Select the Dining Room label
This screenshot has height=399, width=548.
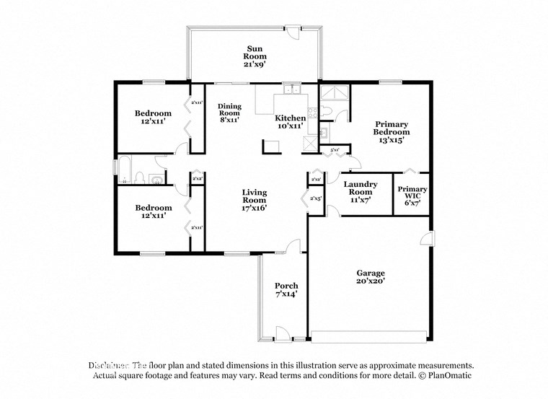pyautogui.click(x=229, y=110)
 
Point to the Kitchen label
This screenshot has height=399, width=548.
pyautogui.click(x=291, y=118)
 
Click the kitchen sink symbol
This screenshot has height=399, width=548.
pyautogui.click(x=291, y=90)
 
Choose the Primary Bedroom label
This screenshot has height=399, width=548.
pyautogui.click(x=392, y=128)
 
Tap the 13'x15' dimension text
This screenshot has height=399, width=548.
pyautogui.click(x=392, y=141)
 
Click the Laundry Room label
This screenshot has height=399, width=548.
pyautogui.click(x=361, y=188)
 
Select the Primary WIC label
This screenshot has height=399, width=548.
pyautogui.click(x=412, y=193)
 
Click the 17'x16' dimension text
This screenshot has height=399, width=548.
pyautogui.click(x=255, y=208)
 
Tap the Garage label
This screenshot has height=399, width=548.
pyautogui.click(x=371, y=273)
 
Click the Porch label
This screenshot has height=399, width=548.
pyautogui.click(x=286, y=286)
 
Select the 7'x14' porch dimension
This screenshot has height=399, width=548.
pyautogui.click(x=286, y=295)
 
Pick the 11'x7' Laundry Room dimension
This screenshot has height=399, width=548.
pyautogui.click(x=361, y=200)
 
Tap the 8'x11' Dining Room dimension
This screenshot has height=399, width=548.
pyautogui.click(x=229, y=120)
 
